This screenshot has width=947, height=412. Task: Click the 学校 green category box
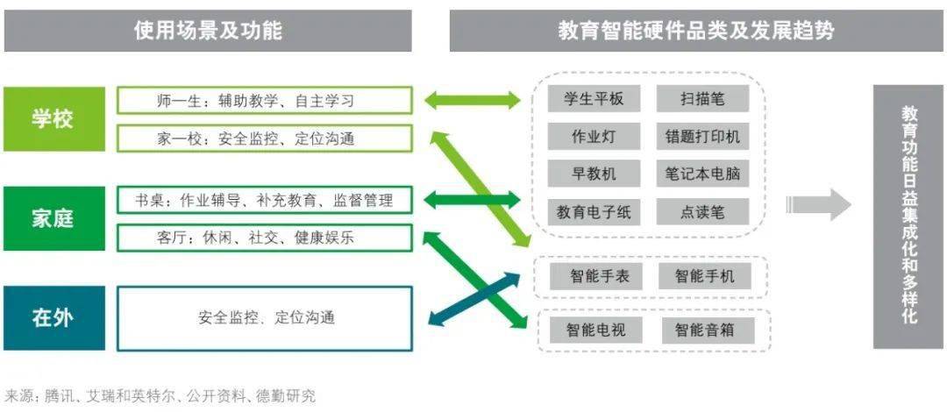pyautogui.click(x=53, y=119)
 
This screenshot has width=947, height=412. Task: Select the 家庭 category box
pyautogui.click(x=53, y=218)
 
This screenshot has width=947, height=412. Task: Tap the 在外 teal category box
pyautogui.click(x=53, y=317)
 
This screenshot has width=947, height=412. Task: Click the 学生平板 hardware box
pyautogui.click(x=594, y=98)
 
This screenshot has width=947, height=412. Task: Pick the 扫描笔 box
pyautogui.click(x=702, y=98)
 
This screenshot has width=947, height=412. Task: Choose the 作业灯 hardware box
pyautogui.click(x=594, y=136)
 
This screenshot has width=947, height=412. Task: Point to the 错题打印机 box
pyautogui.click(x=702, y=136)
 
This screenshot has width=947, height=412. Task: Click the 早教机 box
pyautogui.click(x=594, y=174)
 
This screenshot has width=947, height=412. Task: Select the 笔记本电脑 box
pyautogui.click(x=702, y=174)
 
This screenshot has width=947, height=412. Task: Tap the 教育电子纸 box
pyautogui.click(x=594, y=211)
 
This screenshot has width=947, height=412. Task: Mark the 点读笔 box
pyautogui.click(x=702, y=211)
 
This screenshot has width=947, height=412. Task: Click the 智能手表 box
pyautogui.click(x=595, y=277)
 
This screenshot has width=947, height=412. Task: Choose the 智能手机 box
pyautogui.click(x=705, y=277)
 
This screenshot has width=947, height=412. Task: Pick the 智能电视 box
pyautogui.click(x=595, y=330)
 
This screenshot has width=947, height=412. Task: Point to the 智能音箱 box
pyautogui.click(x=708, y=330)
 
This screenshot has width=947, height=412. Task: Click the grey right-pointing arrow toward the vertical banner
pyautogui.click(x=818, y=205)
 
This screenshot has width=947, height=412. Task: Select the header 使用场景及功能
pyautogui.click(x=208, y=31)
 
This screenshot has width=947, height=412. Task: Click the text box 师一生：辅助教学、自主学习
pyautogui.click(x=265, y=100)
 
